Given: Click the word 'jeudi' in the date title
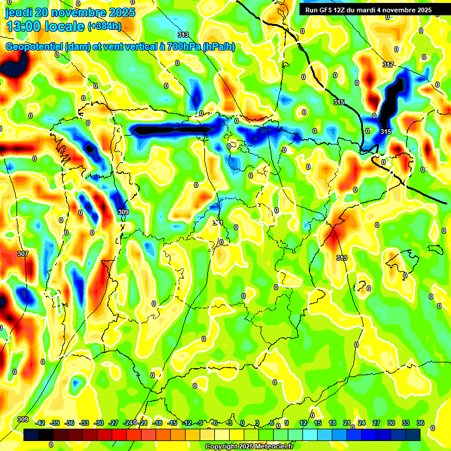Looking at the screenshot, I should pos(19,12).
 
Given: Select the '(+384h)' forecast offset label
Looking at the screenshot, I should pos(104,26).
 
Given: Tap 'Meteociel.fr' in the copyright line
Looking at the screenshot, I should pos(270,447).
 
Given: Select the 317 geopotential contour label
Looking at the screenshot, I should pos(388,65).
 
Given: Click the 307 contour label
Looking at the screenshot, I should pos(22,254).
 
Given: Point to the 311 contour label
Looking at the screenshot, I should pos(218,223).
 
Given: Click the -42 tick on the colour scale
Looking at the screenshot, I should pos(41,423).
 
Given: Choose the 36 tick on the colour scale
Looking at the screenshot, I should pos(420,423).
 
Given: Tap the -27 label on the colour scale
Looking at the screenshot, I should pos(114,423).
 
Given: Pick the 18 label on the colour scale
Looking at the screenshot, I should pos(332,423).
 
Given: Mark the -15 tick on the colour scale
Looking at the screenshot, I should pos(173,423).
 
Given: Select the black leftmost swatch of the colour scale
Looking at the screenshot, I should pos(31,435).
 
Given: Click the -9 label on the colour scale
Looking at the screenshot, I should pos(200,423).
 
